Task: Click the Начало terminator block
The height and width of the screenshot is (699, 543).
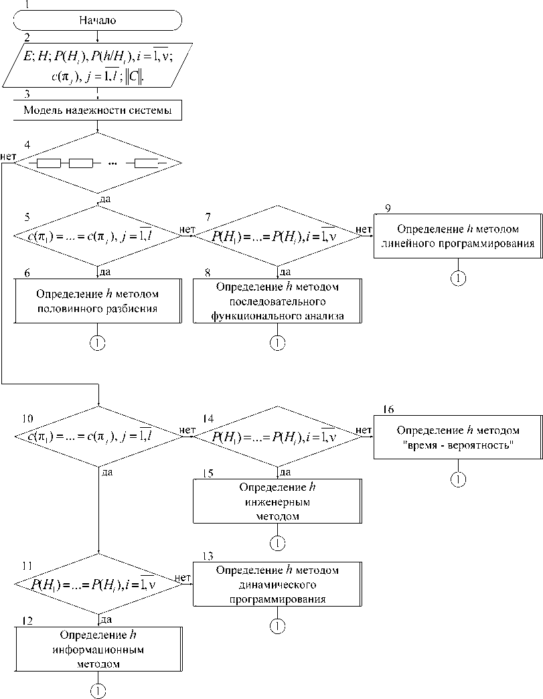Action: tap(98, 20)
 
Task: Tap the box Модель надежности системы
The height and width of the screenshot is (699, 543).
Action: tap(98, 111)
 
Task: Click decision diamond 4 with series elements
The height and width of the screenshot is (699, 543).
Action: tap(98, 163)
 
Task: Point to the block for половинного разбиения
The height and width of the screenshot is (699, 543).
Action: tap(98, 301)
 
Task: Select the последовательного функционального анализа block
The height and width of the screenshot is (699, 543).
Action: tap(277, 302)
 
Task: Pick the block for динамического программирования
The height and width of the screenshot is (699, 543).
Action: tap(277, 585)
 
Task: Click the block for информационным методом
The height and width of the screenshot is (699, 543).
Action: tap(98, 649)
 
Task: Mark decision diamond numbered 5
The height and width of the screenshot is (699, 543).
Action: tap(98, 236)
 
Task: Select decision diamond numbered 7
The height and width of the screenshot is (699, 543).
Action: tap(277, 236)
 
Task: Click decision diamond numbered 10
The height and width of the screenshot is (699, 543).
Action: tap(98, 437)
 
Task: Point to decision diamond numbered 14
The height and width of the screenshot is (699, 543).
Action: tap(277, 437)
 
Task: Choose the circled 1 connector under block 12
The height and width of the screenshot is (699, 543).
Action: tap(98, 690)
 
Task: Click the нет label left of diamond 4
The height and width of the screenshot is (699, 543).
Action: tap(9, 157)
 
